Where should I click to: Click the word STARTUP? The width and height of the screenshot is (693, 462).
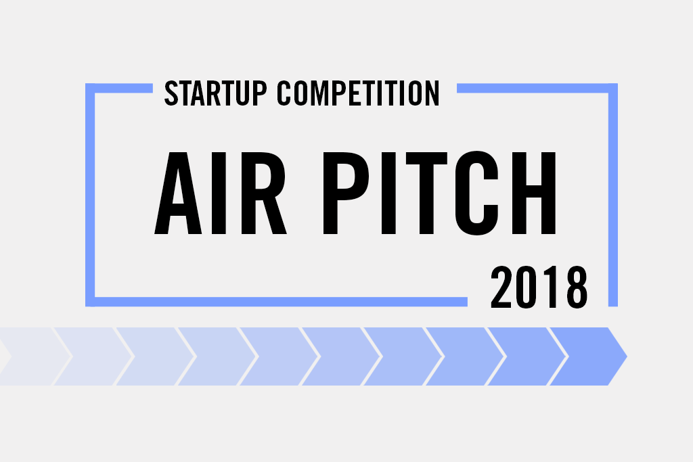(x=216, y=93)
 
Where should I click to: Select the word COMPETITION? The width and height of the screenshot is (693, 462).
(x=359, y=93)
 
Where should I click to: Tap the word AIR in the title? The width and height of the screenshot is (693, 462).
(x=221, y=193)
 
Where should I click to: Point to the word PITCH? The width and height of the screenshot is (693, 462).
(x=439, y=193)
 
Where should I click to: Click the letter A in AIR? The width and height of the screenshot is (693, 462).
(x=178, y=193)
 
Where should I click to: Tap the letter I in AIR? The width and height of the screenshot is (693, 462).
(x=219, y=193)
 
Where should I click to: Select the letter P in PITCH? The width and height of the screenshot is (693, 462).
(x=346, y=193)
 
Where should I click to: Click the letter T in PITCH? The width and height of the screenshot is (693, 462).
(x=426, y=193)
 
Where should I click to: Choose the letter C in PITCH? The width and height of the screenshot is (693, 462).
(x=477, y=193)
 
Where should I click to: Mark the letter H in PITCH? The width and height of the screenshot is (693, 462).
(x=534, y=193)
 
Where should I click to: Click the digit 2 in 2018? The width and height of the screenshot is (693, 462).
(x=501, y=287)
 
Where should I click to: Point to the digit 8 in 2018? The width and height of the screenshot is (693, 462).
(x=577, y=287)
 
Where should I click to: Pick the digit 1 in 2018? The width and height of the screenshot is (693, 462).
(x=552, y=287)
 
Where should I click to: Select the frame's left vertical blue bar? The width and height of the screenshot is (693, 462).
(x=90, y=195)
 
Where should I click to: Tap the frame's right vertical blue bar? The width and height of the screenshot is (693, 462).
(x=613, y=195)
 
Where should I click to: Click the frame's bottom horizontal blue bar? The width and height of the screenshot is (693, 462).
(x=277, y=302)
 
